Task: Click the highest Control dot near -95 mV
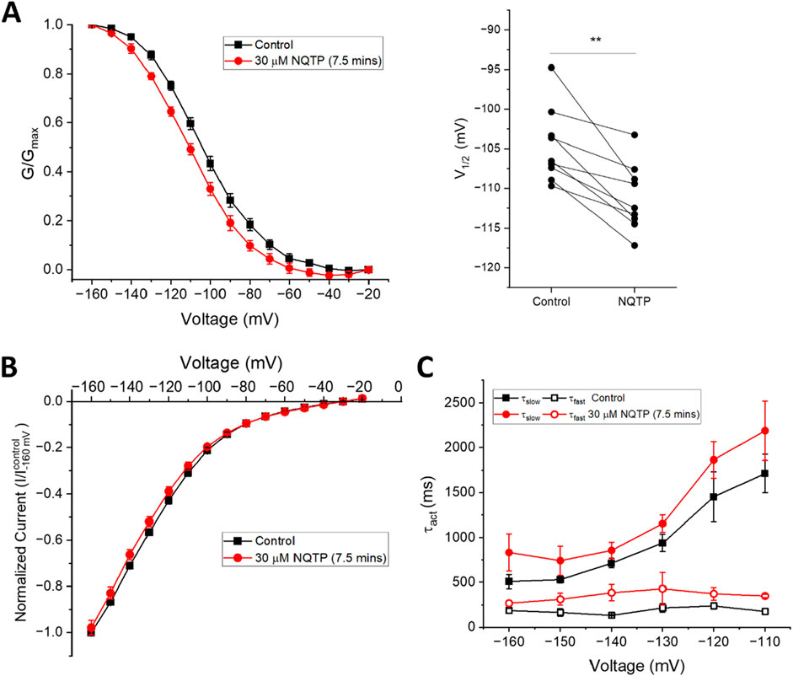click(x=551, y=67)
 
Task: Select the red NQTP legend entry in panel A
click(x=280, y=61)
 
